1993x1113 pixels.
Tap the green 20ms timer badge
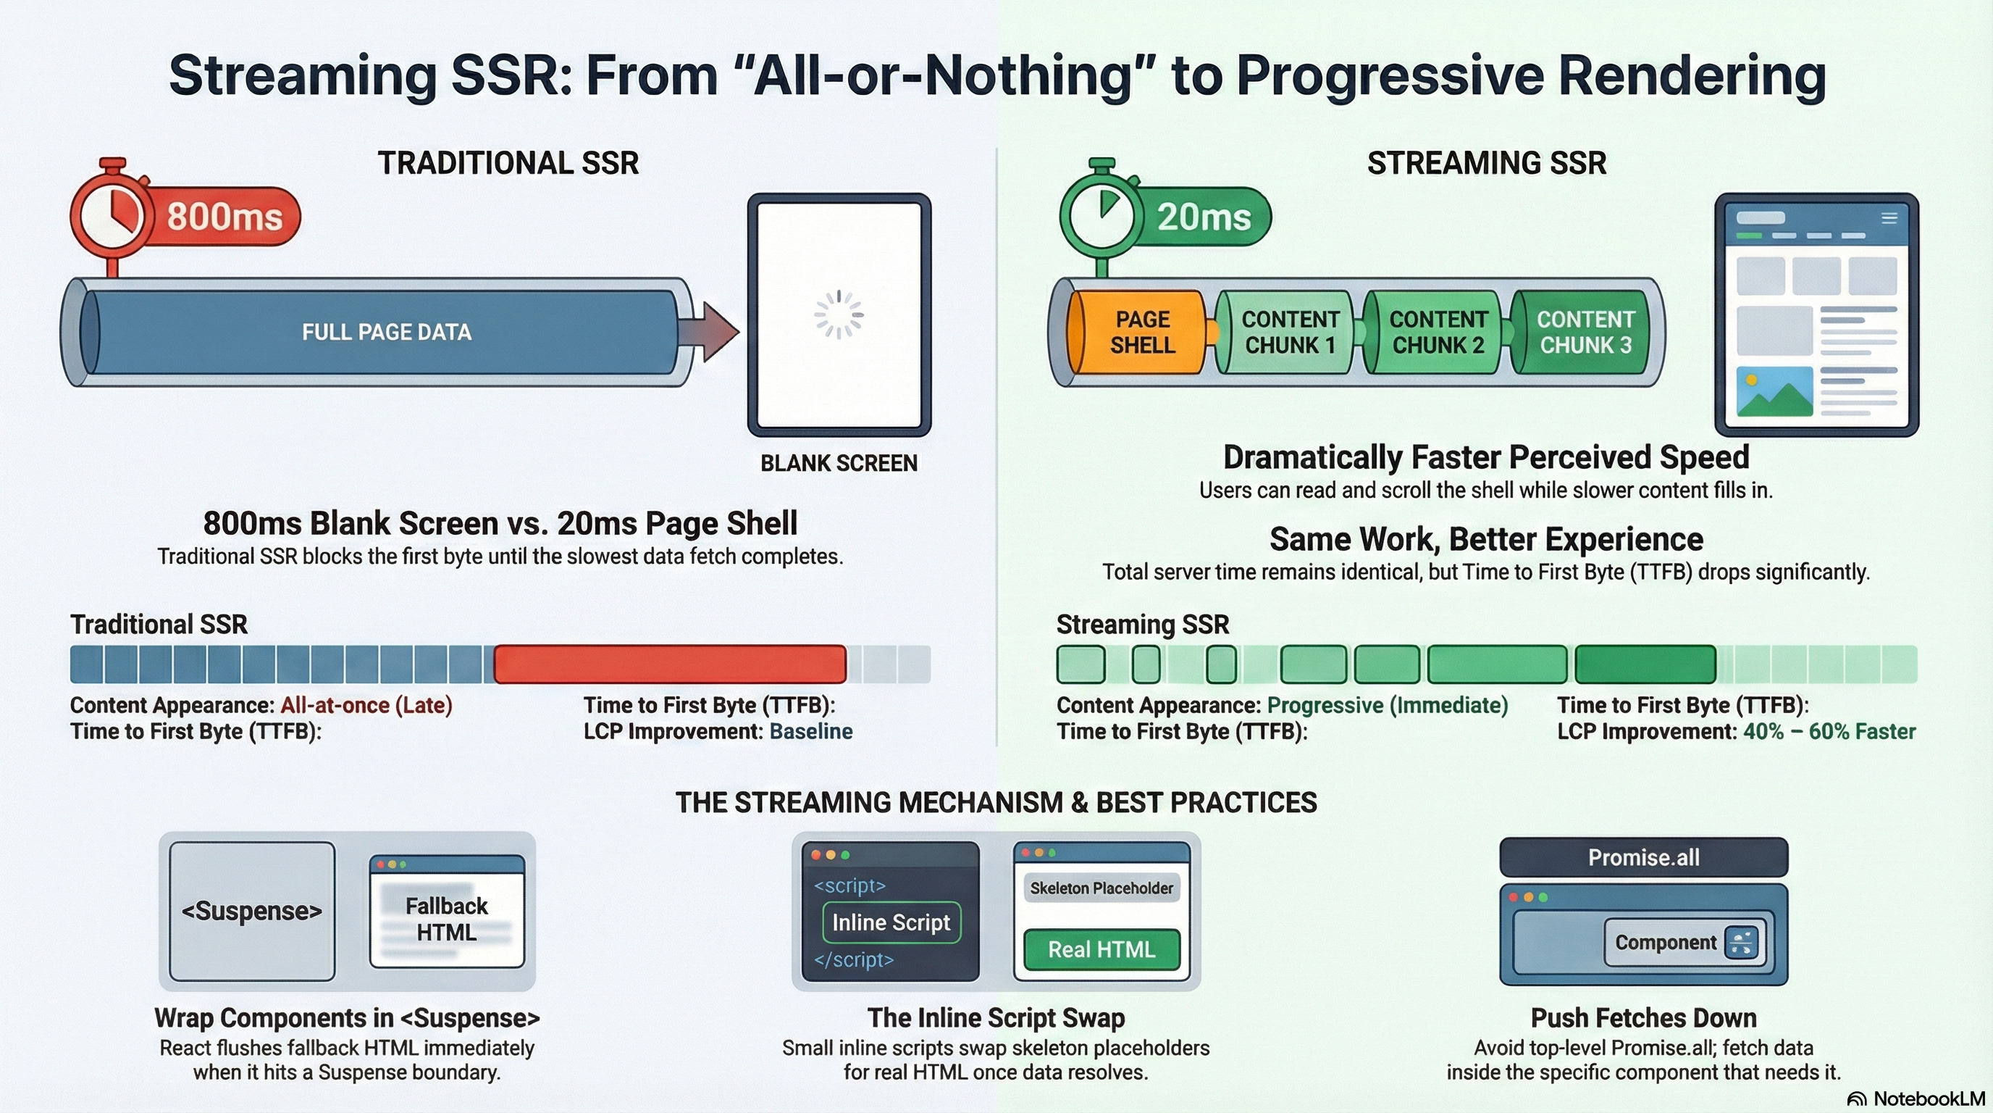[x=1203, y=217]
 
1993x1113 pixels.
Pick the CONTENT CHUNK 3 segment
[x=1582, y=332]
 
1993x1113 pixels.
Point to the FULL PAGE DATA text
[x=387, y=332]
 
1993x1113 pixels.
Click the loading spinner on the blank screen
[x=839, y=314]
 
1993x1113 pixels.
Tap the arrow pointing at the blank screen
[x=709, y=331]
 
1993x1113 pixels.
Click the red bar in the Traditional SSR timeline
[x=670, y=664]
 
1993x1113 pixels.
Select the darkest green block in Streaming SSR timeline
[x=1645, y=664]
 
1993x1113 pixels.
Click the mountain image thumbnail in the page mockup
[x=1774, y=391]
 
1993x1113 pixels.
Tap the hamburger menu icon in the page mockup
[x=1889, y=218]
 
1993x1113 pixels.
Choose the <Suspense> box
[x=252, y=911]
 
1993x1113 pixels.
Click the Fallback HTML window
[x=447, y=911]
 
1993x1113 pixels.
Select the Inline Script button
[x=891, y=922]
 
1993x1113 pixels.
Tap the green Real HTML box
[x=1102, y=950]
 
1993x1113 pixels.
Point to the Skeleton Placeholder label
[x=1102, y=888]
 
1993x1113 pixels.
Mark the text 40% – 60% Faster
[x=1829, y=731]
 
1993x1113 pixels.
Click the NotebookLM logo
[x=1916, y=1099]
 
